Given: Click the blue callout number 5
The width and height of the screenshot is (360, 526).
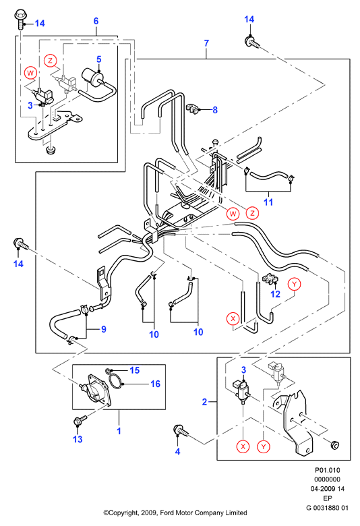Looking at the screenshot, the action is pos(99,59).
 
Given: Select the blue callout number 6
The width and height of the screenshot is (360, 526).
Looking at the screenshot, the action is pos(96,21).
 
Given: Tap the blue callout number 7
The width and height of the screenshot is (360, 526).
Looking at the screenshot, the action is pos(206,43).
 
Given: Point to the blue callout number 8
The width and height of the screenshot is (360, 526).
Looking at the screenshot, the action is pos(215,110).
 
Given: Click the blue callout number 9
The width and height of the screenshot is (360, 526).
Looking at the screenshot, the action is pos(104,329).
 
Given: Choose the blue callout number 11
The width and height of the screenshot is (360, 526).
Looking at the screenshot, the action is pos(268,202).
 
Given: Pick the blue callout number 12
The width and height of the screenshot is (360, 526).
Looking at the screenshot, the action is pos(275,294).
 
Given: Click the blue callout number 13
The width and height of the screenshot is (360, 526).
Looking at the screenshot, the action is pos(78,439).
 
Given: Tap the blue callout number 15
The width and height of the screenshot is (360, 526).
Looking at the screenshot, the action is pos(135,370).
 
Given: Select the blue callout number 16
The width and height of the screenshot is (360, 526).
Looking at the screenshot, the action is pos(155,384).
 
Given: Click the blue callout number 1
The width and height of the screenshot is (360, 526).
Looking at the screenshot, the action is pos(119,431).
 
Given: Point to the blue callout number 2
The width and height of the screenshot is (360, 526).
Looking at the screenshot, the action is pos(204,401).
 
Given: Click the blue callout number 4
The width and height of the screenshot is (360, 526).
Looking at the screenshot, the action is pos(177,452).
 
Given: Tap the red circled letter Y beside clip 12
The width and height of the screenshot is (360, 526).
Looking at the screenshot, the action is pos(294,284).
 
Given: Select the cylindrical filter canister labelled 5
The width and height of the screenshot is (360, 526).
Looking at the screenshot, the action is pos(91,77).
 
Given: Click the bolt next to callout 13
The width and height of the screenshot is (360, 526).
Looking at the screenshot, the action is pos(80,419).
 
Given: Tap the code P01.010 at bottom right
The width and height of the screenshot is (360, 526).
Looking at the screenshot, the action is pos(327,470).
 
